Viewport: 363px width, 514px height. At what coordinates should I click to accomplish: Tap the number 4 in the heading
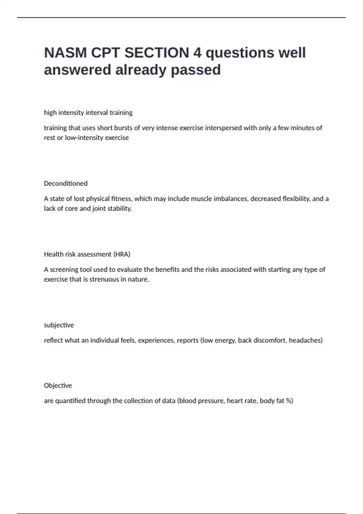(x=197, y=53)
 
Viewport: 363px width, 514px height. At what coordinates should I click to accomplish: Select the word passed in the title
(x=196, y=70)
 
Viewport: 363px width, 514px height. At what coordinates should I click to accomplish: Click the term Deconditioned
(x=66, y=184)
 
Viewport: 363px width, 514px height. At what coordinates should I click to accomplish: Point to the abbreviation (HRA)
(x=122, y=254)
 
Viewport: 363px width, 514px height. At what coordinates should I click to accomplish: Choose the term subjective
(x=59, y=325)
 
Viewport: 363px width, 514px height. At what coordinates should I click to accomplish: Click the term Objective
(x=58, y=385)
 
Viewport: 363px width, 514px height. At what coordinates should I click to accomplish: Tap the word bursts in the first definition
(x=123, y=128)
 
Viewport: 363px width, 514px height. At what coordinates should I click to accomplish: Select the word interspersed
(x=224, y=128)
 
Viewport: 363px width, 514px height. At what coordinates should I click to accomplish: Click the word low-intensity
(x=84, y=138)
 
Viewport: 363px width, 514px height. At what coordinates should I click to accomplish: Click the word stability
(x=119, y=208)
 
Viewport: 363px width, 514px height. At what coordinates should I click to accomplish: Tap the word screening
(x=63, y=269)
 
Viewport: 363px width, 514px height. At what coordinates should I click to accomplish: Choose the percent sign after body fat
(x=289, y=401)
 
